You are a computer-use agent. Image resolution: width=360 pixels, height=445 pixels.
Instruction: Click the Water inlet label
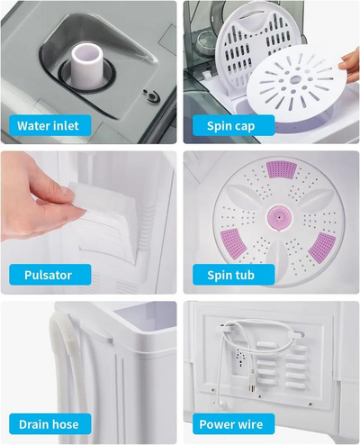pos(50,125)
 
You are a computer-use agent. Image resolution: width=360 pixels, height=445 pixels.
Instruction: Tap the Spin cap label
pos(233,125)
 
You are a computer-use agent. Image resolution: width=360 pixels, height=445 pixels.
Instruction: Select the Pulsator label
pos(50,275)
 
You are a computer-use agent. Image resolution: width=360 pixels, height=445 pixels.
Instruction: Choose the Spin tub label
pos(233,275)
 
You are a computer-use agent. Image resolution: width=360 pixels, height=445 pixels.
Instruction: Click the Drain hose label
pos(50,424)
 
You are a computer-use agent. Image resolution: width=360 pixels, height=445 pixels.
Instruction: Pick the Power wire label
pos(233,424)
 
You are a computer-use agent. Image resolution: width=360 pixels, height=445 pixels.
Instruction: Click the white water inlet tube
pos(87,66)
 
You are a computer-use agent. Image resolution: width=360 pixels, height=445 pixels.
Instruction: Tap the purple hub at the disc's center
pos(279,217)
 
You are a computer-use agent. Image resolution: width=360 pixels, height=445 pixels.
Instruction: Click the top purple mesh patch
pos(282,169)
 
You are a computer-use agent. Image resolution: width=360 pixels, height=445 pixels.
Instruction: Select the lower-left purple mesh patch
pos(233,241)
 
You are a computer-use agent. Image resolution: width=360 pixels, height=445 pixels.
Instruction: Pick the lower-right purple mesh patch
pos(322,248)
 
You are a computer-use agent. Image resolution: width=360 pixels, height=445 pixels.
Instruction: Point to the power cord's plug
pos(252,384)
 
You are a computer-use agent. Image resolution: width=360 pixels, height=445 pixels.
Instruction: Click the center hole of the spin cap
pos(296,79)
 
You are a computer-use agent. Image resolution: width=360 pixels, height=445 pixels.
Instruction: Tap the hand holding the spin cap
pos(349,65)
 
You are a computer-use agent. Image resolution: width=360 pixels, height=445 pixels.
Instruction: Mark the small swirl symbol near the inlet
pos(151,96)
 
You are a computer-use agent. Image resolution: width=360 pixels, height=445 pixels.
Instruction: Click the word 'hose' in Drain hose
pos(65,424)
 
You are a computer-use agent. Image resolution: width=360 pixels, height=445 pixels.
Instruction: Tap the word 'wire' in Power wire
pos(249,424)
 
